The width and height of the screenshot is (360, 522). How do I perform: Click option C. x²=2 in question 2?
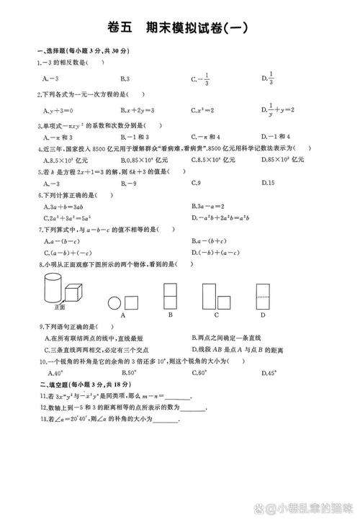pyautogui.click(x=204, y=111)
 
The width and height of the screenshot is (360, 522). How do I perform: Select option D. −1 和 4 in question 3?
pyautogui.click(x=275, y=136)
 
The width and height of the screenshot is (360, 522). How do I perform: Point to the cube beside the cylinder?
pyautogui.click(x=73, y=292)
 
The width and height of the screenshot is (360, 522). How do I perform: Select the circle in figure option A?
pyautogui.click(x=114, y=303)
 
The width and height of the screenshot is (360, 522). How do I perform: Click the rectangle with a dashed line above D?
pyautogui.click(x=263, y=296)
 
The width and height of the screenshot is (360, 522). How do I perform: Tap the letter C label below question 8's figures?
pyautogui.click(x=217, y=315)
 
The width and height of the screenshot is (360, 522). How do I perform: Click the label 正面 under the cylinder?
pyautogui.click(x=60, y=307)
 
